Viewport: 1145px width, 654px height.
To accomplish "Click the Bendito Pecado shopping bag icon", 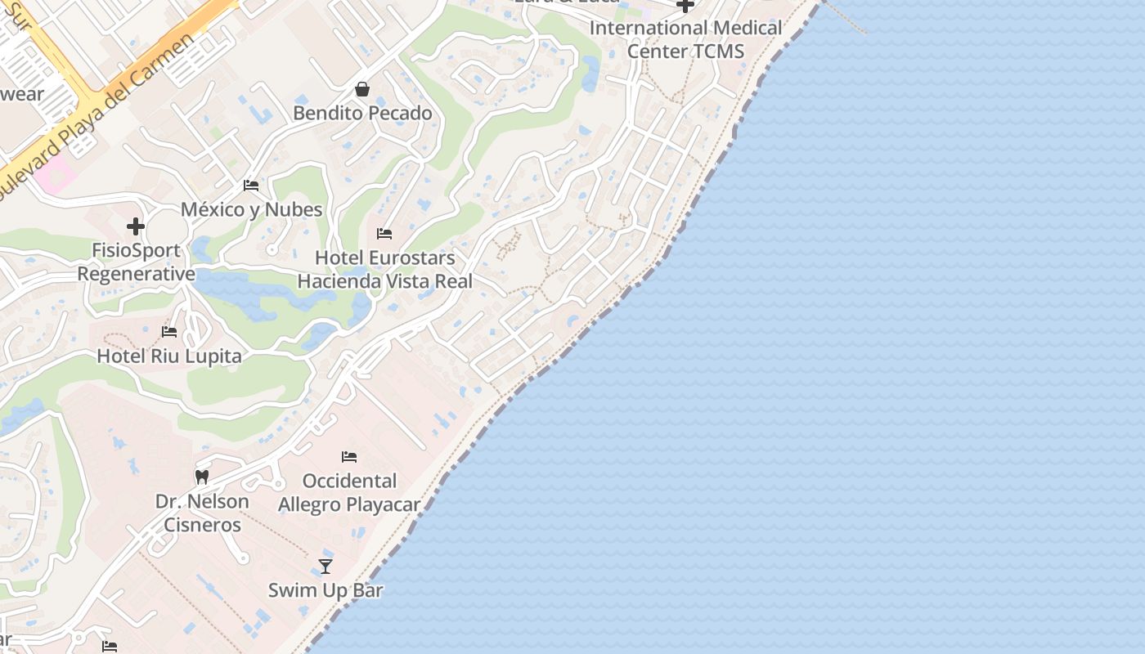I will click(x=361, y=89).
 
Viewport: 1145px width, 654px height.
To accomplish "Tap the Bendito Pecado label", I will click(x=362, y=113).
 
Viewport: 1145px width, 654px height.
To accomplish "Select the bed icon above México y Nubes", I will click(x=251, y=186).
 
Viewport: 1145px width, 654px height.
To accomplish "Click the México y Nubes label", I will click(x=252, y=209).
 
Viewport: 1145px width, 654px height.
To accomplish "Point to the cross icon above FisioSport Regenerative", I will click(x=136, y=226).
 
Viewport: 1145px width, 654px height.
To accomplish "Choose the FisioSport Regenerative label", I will click(x=137, y=262).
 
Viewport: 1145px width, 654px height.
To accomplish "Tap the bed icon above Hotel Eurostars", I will click(x=384, y=234).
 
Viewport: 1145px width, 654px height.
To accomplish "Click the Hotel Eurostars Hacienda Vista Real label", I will click(x=384, y=270).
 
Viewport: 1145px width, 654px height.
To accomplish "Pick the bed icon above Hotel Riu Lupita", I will click(x=169, y=332).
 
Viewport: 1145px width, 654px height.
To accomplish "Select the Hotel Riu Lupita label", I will click(x=169, y=356).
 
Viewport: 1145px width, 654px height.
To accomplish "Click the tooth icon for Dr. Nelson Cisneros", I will click(x=202, y=477).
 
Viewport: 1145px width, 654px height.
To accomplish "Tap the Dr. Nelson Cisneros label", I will click(x=202, y=513).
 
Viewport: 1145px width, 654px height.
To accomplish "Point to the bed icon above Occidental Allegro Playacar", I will click(x=349, y=457).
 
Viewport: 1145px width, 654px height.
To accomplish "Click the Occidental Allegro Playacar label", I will click(x=349, y=492).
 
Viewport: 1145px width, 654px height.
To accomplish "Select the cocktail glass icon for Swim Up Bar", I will click(x=326, y=566).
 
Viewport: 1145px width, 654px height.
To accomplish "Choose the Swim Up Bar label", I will click(x=326, y=589).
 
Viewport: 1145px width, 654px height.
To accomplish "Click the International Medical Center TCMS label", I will click(x=685, y=39).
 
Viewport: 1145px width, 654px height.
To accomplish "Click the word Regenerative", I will click(x=137, y=274).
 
